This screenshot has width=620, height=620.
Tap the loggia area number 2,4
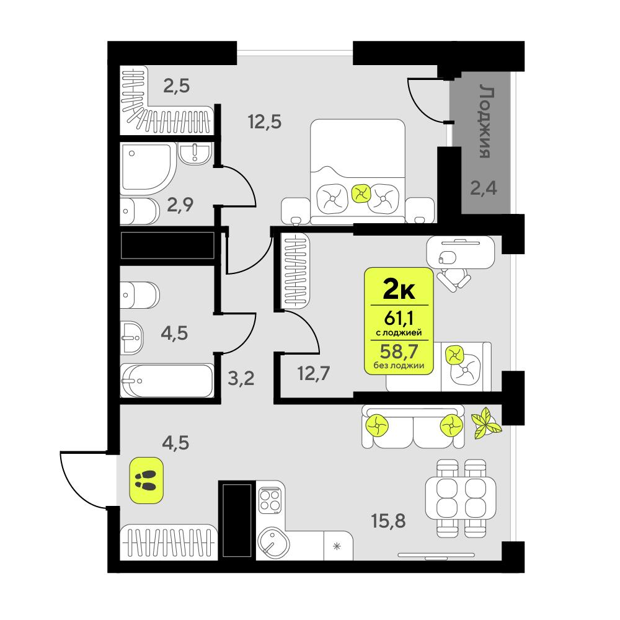(484, 187)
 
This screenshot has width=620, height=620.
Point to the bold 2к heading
(400, 288)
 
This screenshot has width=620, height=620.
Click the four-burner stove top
(270, 499)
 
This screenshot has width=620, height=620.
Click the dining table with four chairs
(459, 497)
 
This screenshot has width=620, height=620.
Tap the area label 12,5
(265, 121)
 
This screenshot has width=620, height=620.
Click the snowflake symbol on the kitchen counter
(337, 546)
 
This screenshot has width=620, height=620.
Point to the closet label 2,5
(175, 85)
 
